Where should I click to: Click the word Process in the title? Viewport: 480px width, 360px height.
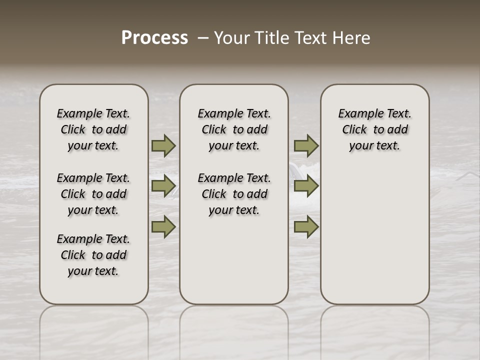pyautogui.click(x=154, y=38)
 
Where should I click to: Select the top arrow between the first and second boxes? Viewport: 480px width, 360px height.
pyautogui.click(x=163, y=145)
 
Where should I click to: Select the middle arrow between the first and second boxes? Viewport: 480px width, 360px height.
pyautogui.click(x=163, y=186)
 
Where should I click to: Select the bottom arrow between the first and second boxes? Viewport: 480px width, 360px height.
pyautogui.click(x=163, y=227)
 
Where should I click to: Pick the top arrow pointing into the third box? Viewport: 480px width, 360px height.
pyautogui.click(x=306, y=145)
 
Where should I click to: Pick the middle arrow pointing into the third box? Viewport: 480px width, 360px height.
pyautogui.click(x=306, y=186)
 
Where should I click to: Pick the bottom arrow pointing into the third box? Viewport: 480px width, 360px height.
pyautogui.click(x=306, y=227)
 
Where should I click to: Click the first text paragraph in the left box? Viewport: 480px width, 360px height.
pyautogui.click(x=93, y=129)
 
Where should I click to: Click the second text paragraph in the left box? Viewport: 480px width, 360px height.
pyautogui.click(x=93, y=194)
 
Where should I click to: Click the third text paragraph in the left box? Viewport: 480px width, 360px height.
pyautogui.click(x=93, y=255)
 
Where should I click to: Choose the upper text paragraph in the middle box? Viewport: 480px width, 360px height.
pyautogui.click(x=234, y=129)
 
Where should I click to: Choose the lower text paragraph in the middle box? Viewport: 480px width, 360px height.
pyautogui.click(x=234, y=194)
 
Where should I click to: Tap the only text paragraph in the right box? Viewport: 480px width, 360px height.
pyautogui.click(x=375, y=129)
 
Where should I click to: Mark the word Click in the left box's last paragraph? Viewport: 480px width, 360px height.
pyautogui.click(x=73, y=255)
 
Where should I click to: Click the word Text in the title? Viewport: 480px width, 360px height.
pyautogui.click(x=312, y=38)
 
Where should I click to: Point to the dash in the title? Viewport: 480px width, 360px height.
pyautogui.click(x=202, y=38)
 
